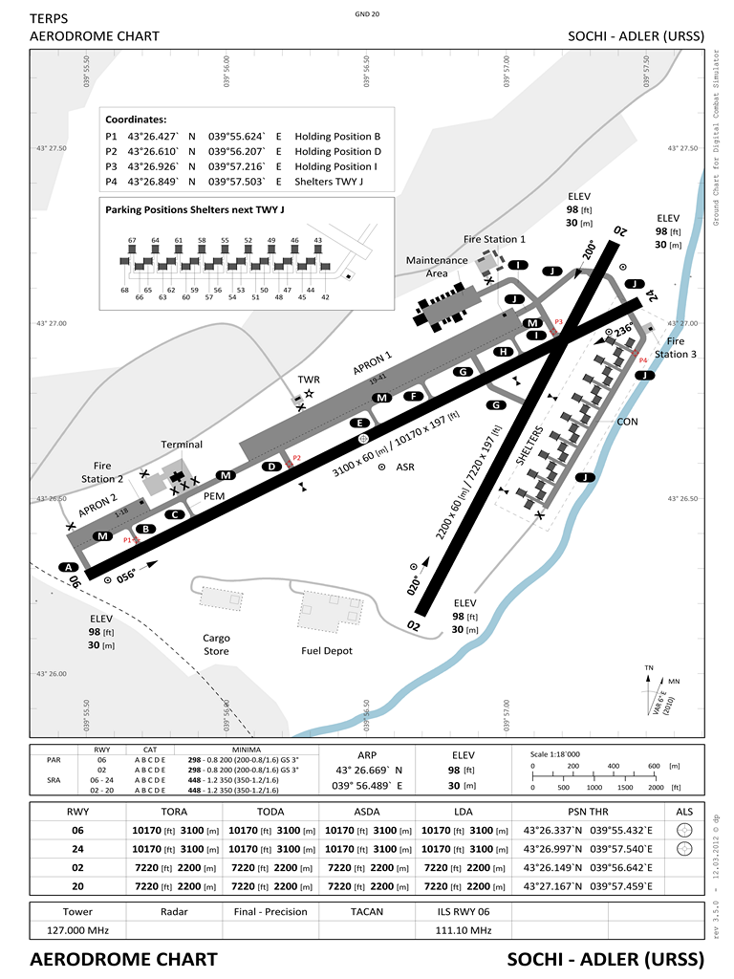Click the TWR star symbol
[x=309, y=394]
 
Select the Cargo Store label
[x=216, y=644]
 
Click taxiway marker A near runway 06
[x=68, y=567]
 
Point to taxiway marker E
[x=360, y=423]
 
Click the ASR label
[x=405, y=468]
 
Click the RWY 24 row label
[x=78, y=848]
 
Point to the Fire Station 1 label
[x=494, y=239]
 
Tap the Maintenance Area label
[x=437, y=267]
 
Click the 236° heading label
[x=623, y=330]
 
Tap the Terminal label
[x=182, y=445]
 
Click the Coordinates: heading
[x=136, y=120]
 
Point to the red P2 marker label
[x=296, y=458]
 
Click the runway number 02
[x=414, y=626]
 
